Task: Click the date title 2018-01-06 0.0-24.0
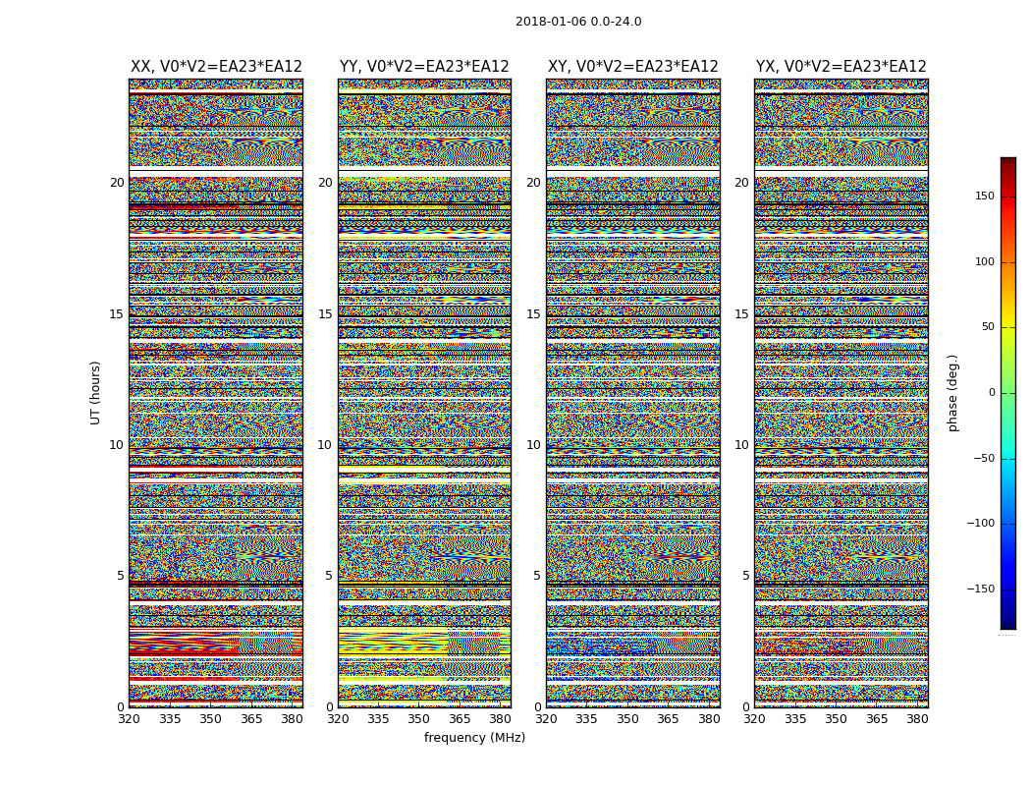[x=578, y=22]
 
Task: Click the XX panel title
[x=216, y=67]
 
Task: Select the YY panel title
[x=424, y=67]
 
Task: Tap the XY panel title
[x=633, y=67]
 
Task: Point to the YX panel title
[x=841, y=67]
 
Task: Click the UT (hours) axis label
[x=96, y=392]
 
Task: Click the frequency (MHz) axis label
[x=474, y=738]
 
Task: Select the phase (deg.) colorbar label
[x=952, y=392]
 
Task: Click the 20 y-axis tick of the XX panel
[x=117, y=183]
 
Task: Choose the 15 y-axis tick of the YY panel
[x=325, y=314]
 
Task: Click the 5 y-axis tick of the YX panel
[x=745, y=576]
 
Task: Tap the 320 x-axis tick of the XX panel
[x=129, y=719]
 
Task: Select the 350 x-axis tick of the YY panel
[x=418, y=719]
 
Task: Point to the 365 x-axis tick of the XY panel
[x=668, y=719]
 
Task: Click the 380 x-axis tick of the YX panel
[x=917, y=719]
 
